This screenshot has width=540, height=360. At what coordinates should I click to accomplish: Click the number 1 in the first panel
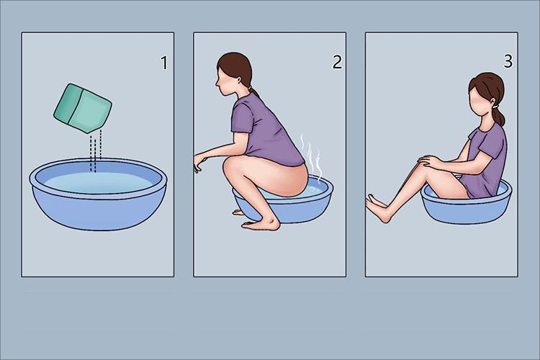click(164, 63)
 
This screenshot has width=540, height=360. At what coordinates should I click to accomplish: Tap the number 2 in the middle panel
click(337, 62)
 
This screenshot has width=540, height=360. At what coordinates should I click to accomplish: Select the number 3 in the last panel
click(508, 61)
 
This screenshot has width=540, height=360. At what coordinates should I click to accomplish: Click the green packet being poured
click(83, 108)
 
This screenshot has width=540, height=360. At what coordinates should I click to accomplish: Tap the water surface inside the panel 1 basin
click(98, 182)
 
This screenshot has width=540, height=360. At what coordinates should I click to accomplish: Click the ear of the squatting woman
click(240, 81)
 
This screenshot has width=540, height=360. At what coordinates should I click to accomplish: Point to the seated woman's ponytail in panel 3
click(500, 116)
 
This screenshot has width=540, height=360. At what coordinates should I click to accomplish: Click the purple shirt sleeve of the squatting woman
click(243, 119)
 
